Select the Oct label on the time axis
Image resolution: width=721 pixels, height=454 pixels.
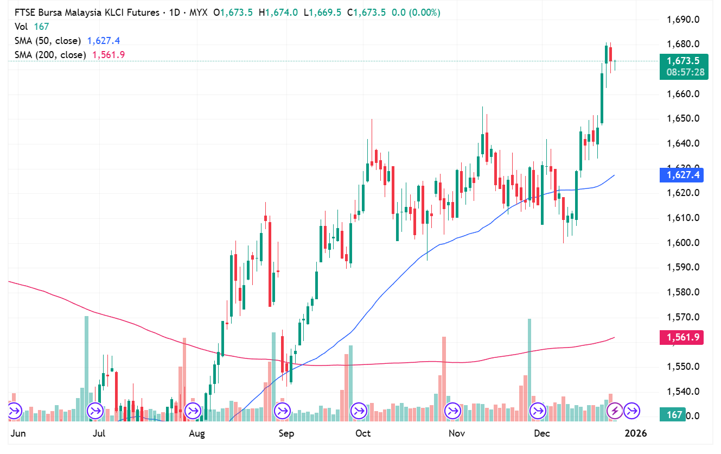click(x=362, y=433)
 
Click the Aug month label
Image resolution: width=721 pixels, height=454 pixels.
click(x=197, y=433)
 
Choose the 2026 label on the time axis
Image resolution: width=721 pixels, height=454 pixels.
click(x=635, y=433)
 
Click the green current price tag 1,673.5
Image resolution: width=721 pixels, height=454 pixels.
click(x=684, y=61)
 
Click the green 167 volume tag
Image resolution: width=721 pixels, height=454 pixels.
click(x=674, y=415)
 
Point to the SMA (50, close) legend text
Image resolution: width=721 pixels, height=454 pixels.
click(x=48, y=41)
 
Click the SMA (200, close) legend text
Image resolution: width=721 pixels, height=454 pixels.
click(x=50, y=55)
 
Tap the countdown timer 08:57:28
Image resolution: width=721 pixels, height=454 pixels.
click(x=684, y=72)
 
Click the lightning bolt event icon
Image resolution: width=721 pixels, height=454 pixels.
click(x=614, y=410)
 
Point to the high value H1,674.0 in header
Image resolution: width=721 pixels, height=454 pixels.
click(x=278, y=12)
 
